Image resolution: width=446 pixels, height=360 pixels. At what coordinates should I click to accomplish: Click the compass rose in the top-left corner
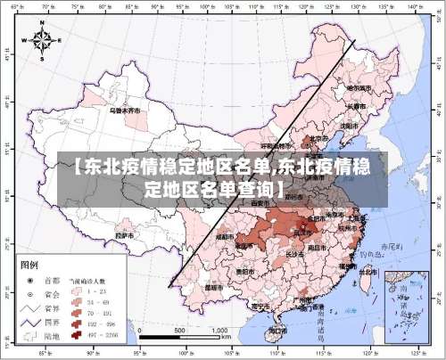[43, 40]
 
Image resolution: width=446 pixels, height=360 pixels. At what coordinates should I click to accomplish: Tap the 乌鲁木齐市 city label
[124, 111]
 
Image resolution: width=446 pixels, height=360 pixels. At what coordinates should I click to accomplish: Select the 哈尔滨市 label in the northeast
[359, 88]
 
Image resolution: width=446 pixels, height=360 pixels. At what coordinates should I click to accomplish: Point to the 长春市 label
[355, 107]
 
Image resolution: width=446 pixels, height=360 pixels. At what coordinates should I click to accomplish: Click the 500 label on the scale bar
[179, 330]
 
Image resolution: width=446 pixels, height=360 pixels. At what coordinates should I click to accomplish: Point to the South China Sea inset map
[406, 304]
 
